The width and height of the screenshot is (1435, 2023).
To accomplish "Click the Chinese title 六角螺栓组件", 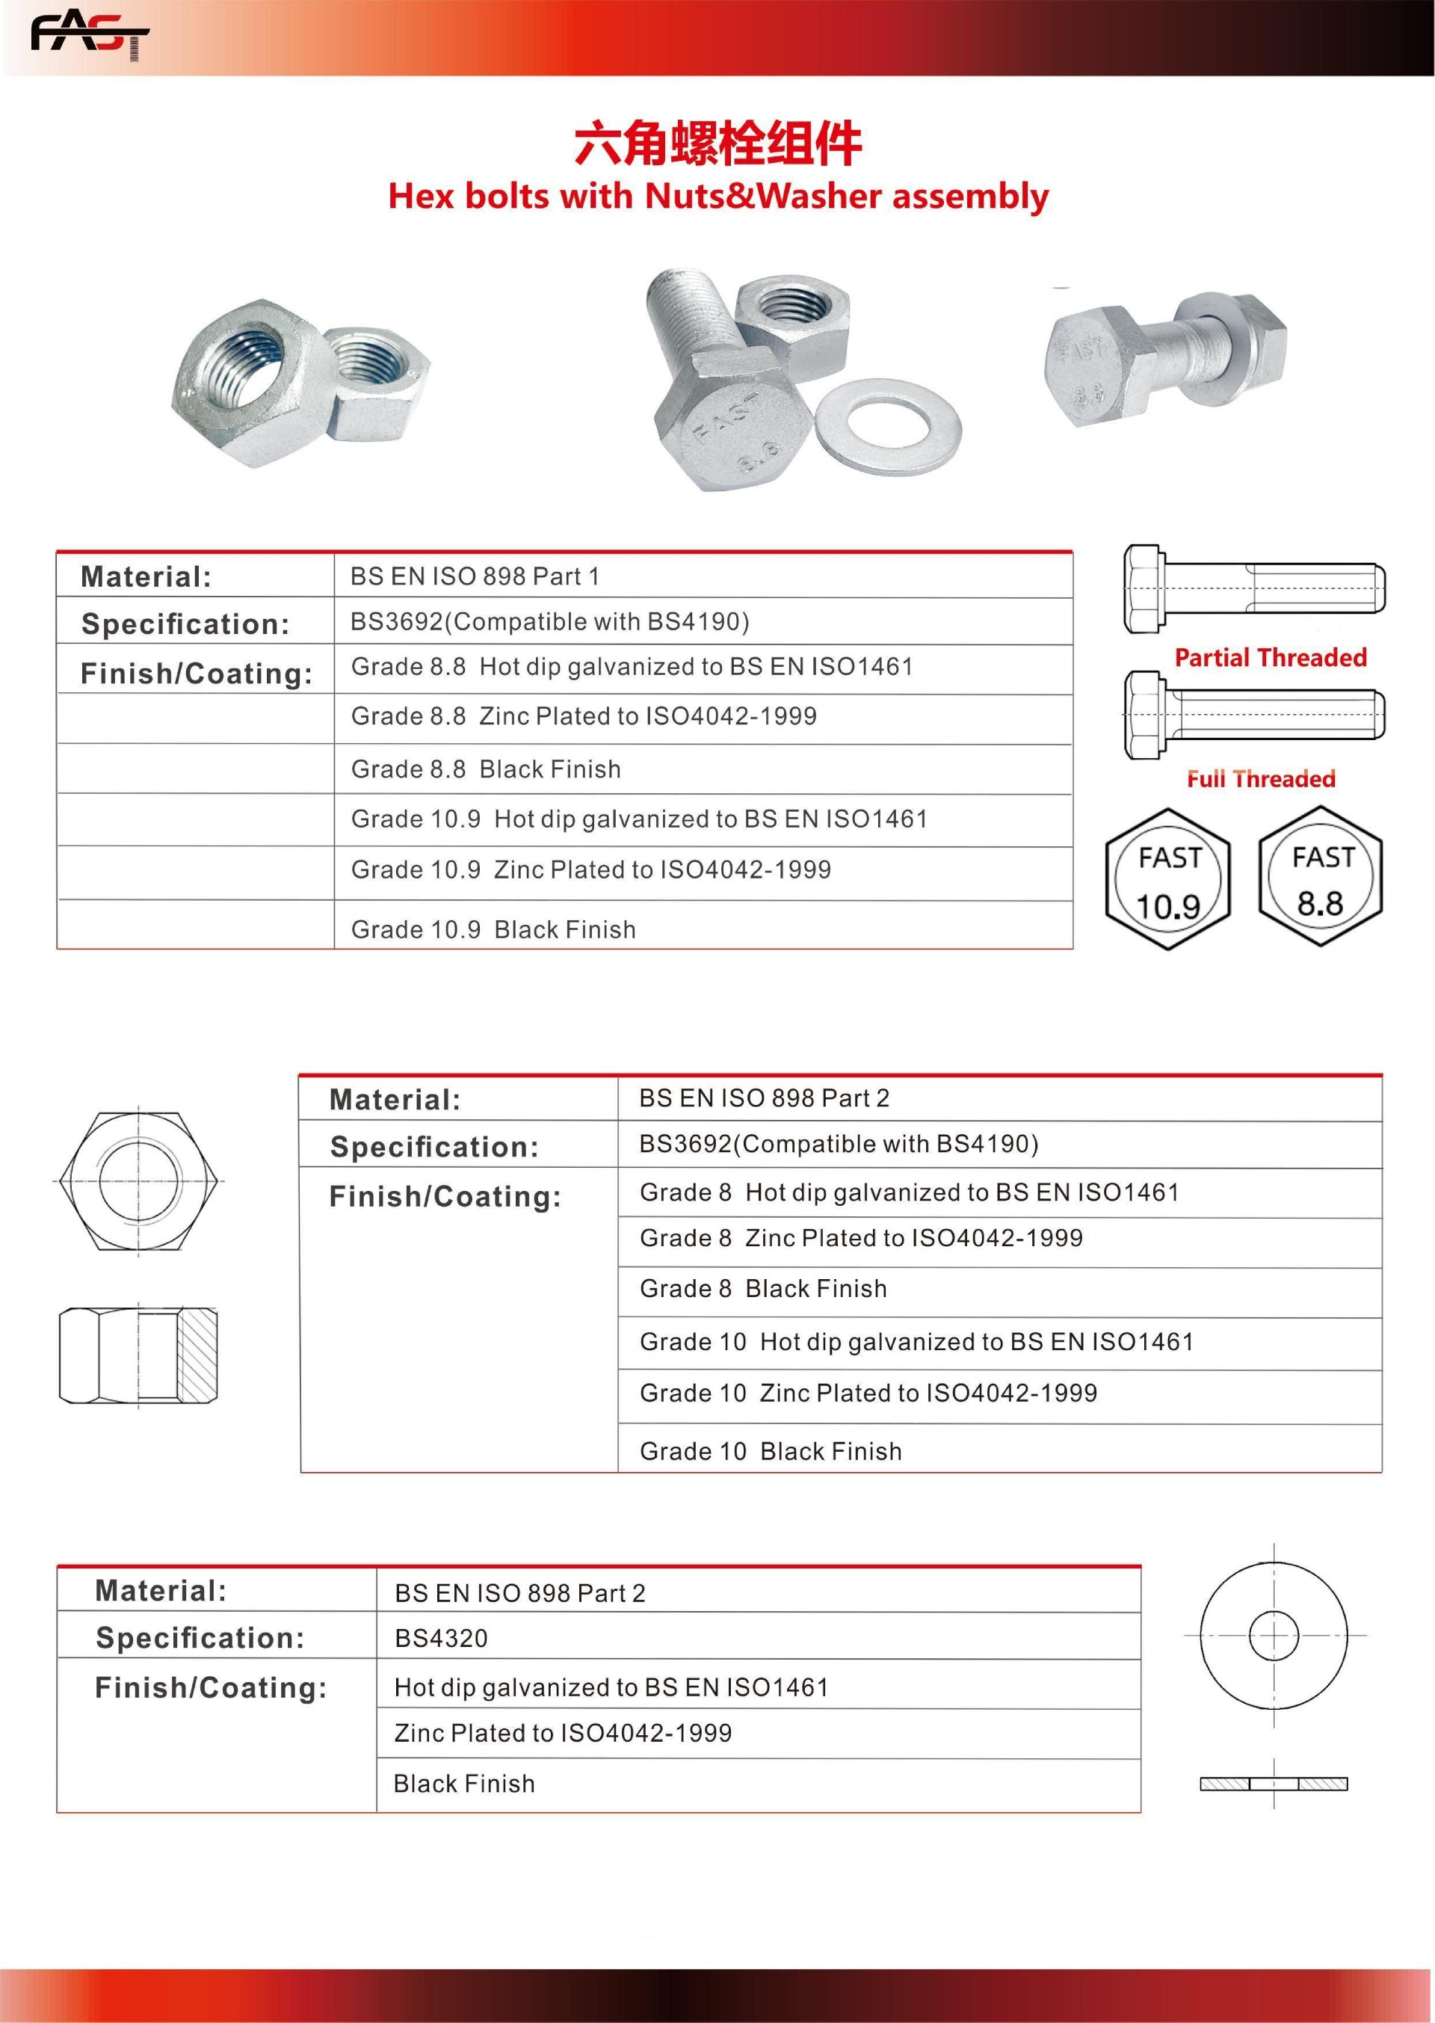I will point(717,144).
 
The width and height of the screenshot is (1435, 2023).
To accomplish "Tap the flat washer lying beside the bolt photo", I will point(888,426).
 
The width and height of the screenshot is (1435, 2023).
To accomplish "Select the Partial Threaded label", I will point(1270,658).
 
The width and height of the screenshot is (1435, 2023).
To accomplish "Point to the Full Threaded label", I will point(1260,778).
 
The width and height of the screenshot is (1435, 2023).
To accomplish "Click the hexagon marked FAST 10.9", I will point(1167,879).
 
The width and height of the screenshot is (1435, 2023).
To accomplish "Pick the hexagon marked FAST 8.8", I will point(1320,878).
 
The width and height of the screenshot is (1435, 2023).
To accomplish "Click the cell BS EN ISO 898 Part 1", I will point(475,576).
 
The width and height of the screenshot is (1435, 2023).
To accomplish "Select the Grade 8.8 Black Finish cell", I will point(486,769).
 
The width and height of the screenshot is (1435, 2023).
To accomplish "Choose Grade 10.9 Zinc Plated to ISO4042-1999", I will point(591,869).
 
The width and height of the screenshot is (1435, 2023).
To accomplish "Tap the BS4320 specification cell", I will point(441,1638).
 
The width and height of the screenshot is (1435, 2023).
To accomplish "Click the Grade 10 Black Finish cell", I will point(771,1451).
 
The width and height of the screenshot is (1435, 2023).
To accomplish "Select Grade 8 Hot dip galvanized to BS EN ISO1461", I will point(910,1192).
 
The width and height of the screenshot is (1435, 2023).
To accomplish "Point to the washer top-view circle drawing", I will point(1274,1635).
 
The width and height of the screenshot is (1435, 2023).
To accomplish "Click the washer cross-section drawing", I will point(1274,1784).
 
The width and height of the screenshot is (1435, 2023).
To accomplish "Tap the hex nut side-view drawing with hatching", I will point(139,1355).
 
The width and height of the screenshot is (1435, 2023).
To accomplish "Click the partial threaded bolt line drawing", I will point(1254,588).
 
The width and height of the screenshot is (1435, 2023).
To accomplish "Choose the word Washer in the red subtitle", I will point(818,196).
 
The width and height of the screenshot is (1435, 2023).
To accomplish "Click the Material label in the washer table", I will point(161,1591).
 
